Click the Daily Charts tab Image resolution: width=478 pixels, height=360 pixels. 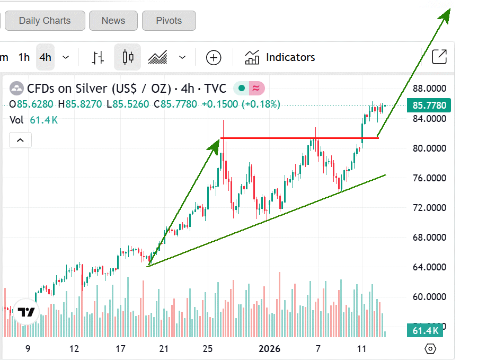pos(45,21)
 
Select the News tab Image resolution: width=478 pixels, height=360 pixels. pos(113,21)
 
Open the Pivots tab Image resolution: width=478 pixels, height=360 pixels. pos(169,21)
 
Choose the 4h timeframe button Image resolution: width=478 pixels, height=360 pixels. pos(46,57)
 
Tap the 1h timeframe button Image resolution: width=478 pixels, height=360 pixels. pos(24,57)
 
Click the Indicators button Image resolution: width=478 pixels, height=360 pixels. pos(280,57)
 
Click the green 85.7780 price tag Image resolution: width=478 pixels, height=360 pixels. pos(429,106)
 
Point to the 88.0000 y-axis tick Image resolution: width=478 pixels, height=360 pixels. pos(430,89)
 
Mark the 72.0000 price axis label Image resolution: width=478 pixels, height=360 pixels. pos(430,207)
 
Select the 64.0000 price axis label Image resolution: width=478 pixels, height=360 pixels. pos(430,267)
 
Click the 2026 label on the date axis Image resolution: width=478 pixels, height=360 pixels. pos(269,349)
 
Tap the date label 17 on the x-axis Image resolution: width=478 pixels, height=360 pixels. pos(120,349)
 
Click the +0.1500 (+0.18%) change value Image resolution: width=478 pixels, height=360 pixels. pos(241,104)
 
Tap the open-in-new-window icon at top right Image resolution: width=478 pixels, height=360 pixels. pos(439,57)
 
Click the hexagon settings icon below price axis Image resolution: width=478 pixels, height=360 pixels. pos(430,349)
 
